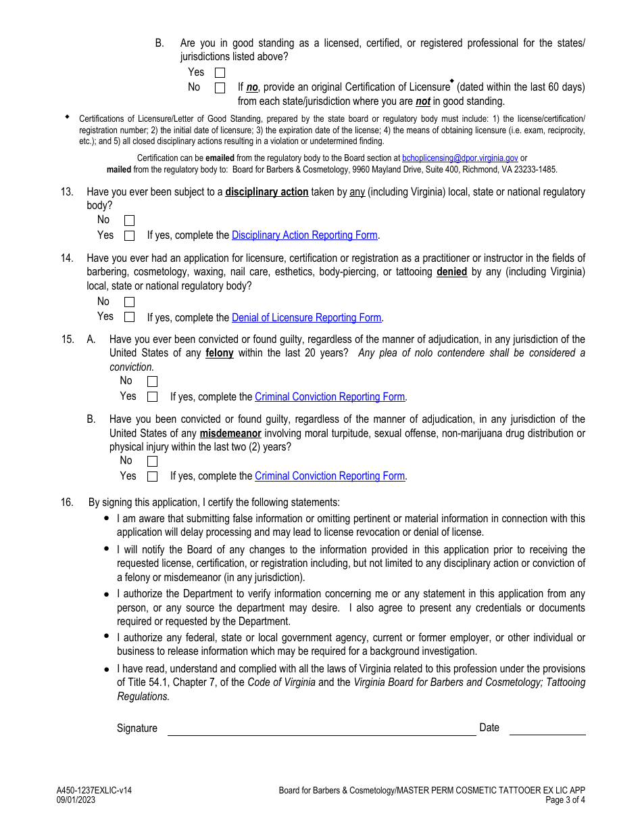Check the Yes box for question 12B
point(220,72)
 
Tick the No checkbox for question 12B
point(220,88)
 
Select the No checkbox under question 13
point(129,221)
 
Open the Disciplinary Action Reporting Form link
point(304,235)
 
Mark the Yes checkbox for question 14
point(129,317)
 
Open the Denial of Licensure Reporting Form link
point(306,318)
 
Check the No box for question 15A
point(152,382)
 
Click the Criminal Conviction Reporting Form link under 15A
point(330,397)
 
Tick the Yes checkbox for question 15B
point(152,476)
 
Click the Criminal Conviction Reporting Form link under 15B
point(330,476)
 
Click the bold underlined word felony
point(220,353)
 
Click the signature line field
point(321,729)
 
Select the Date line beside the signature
point(547,729)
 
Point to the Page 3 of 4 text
point(565,800)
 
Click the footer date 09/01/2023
point(76,800)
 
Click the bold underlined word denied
point(451,272)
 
